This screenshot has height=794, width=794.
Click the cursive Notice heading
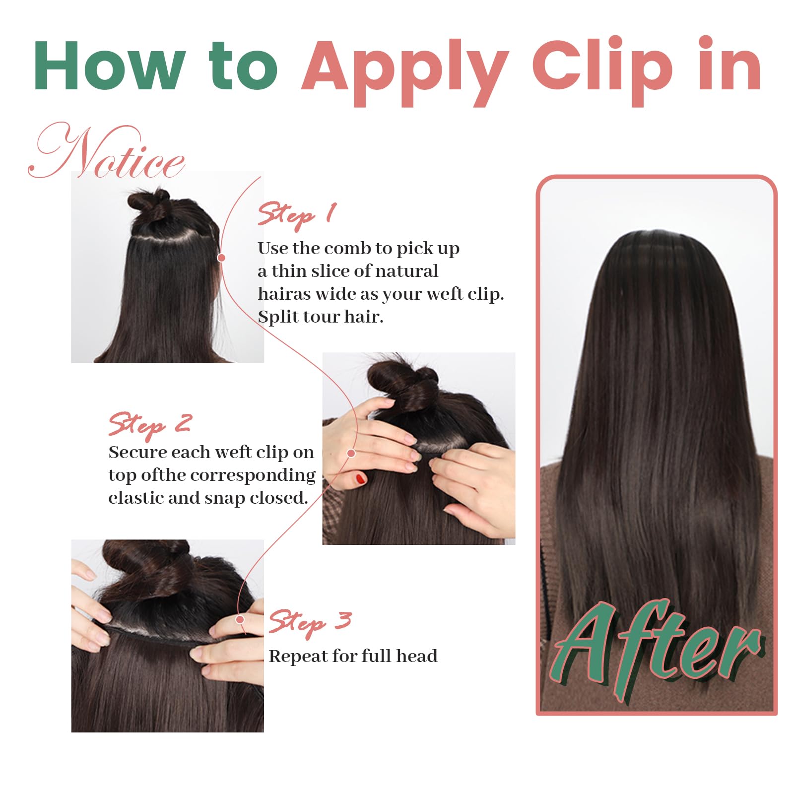coord(107,151)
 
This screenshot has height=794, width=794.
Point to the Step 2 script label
coord(150,425)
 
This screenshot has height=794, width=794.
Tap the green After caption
coord(656,650)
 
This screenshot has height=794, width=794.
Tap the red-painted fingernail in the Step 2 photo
coord(361,479)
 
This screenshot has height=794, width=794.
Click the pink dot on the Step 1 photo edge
coord(222,258)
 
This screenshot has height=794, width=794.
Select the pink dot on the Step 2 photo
coord(351,453)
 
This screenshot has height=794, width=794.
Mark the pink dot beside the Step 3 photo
coord(240,619)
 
